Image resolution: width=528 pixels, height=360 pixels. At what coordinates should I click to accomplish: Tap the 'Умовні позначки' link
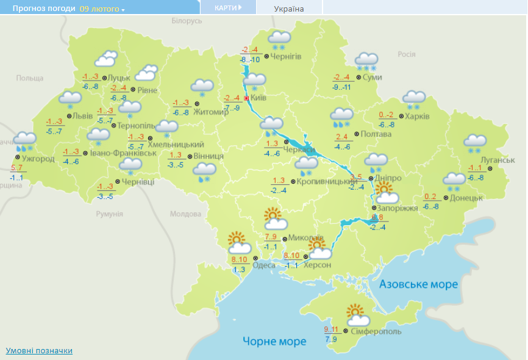point(39,350)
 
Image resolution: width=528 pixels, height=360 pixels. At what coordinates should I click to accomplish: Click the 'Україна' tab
point(289,9)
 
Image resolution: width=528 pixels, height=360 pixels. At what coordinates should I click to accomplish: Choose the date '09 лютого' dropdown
point(102,9)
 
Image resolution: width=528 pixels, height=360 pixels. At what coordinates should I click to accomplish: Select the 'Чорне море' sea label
point(274,341)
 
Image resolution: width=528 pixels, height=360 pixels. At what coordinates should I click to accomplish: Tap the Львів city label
point(83,116)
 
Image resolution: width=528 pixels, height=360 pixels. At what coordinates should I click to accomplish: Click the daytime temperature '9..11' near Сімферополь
point(331,329)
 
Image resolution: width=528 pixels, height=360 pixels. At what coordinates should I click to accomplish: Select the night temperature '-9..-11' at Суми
point(342,87)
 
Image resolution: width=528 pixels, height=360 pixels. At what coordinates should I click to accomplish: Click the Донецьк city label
point(466,198)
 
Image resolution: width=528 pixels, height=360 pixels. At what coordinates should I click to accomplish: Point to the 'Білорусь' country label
point(187,21)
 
